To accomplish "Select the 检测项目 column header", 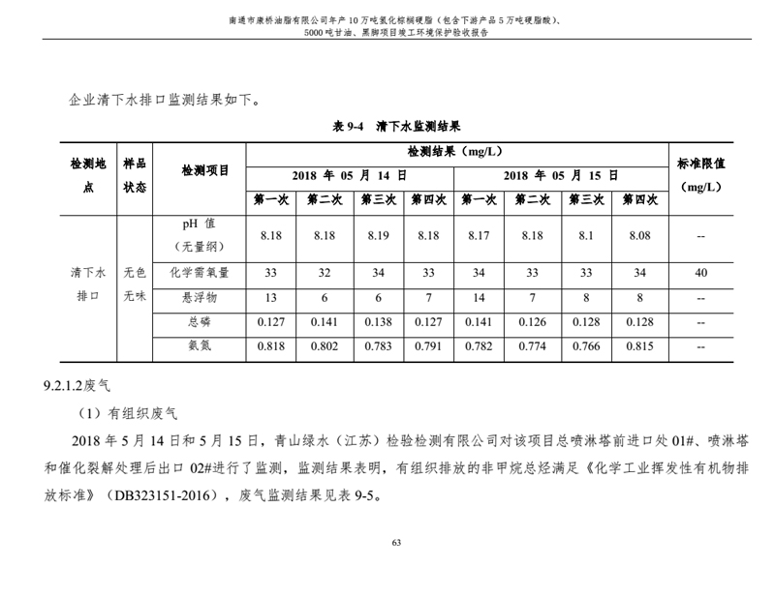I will (x=205, y=171).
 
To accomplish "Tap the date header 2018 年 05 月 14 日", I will (x=349, y=175).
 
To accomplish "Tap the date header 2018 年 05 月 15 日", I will (x=560, y=175).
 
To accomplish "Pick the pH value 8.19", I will (x=375, y=235).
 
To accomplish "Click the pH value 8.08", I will (x=639, y=235).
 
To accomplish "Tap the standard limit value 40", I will (x=700, y=273).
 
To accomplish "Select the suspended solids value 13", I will (x=271, y=298).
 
